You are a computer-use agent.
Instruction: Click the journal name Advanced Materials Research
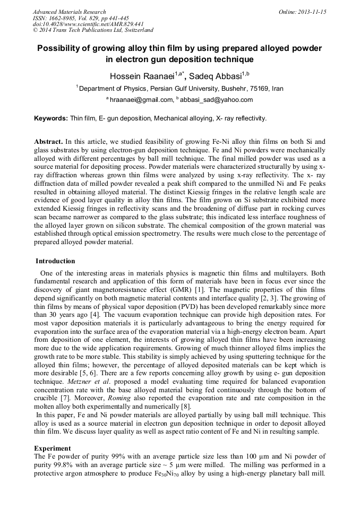[x=69, y=12]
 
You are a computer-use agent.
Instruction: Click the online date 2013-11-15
[x=314, y=12]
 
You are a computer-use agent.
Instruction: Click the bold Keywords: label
[x=51, y=118]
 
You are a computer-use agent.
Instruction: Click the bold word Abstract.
[x=48, y=142]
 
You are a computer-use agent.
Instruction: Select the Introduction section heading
[x=55, y=261]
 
